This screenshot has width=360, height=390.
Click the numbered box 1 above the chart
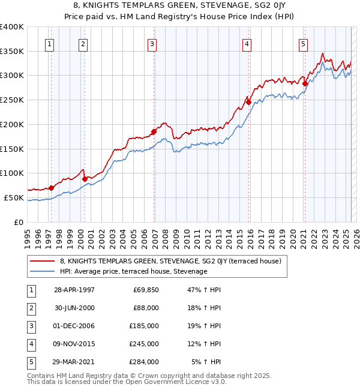tap(49, 43)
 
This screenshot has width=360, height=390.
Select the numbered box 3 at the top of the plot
tap(152, 43)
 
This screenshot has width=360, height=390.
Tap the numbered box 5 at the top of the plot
tap(304, 43)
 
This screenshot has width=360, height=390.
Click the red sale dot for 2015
tap(248, 103)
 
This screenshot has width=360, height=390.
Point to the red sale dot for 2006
tap(154, 131)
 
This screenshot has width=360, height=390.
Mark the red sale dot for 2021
tap(305, 83)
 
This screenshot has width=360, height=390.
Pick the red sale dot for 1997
tap(51, 188)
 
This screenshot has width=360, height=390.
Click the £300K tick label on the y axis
tap(12, 76)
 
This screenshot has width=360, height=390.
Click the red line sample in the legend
tap(42, 261)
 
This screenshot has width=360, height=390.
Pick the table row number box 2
tap(31, 308)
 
